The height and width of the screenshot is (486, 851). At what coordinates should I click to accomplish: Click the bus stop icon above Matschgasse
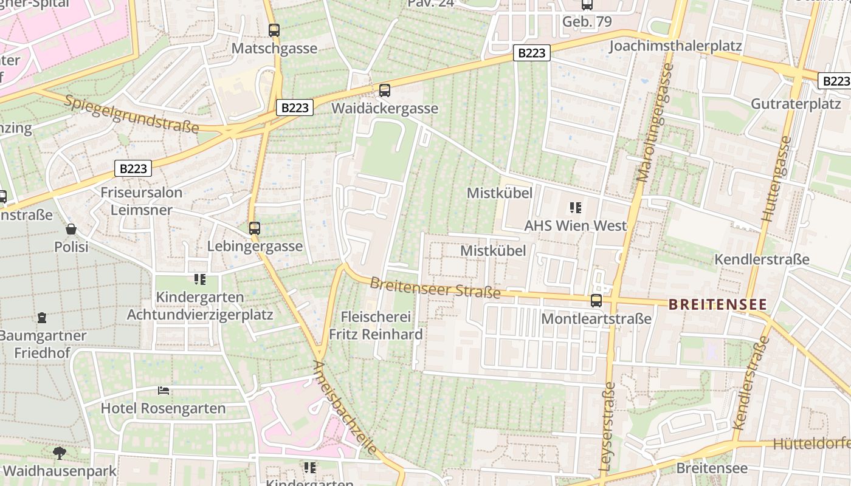pyautogui.click(x=274, y=30)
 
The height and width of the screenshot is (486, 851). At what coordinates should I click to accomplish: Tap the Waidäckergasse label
pyautogui.click(x=385, y=108)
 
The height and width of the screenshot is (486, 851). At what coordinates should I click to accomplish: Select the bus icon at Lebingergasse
pyautogui.click(x=255, y=228)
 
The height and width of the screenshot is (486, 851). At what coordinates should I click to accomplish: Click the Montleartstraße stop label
pyautogui.click(x=596, y=318)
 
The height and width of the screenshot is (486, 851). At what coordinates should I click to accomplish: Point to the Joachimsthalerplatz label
pyautogui.click(x=675, y=46)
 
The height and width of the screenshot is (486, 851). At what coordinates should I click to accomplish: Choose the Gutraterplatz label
pyautogui.click(x=796, y=103)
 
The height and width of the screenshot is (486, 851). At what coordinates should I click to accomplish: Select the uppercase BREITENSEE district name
pyautogui.click(x=718, y=304)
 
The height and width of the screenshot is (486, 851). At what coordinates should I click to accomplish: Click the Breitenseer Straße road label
pyautogui.click(x=435, y=287)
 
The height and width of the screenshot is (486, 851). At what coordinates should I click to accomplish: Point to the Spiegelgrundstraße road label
pyautogui.click(x=131, y=114)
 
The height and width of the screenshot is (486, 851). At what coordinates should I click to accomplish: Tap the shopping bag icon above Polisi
pyautogui.click(x=71, y=229)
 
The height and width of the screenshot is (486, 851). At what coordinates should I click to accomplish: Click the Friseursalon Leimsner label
pyautogui.click(x=141, y=201)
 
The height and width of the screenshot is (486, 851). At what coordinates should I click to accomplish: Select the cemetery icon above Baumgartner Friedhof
pyautogui.click(x=42, y=317)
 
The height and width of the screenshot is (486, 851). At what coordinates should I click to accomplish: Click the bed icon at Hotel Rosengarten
pyautogui.click(x=164, y=390)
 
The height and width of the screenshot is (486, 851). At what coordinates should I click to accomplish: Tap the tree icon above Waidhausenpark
pyautogui.click(x=59, y=453)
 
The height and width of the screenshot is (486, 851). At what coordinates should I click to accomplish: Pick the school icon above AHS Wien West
pyautogui.click(x=575, y=208)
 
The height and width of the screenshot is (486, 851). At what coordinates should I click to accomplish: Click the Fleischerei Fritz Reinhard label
pyautogui.click(x=376, y=325)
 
